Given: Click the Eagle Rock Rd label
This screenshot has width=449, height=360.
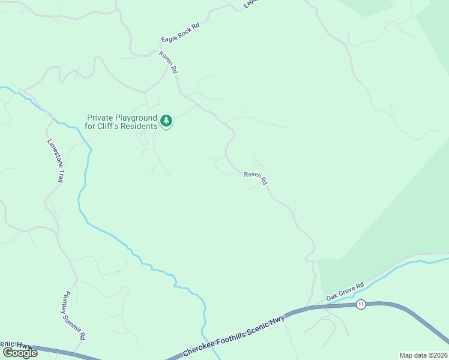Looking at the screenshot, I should [x=180, y=32].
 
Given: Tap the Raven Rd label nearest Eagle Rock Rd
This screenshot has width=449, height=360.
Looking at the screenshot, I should [x=168, y=62].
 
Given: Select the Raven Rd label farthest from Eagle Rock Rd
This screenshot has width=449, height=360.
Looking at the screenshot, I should [x=255, y=178].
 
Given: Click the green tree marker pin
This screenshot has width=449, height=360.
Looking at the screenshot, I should [x=166, y=121].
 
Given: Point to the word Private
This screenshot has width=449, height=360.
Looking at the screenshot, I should [x=100, y=118].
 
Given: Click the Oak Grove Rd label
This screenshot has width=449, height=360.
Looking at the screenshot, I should [x=345, y=292].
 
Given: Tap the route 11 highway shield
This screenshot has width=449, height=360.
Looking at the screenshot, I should [x=360, y=305].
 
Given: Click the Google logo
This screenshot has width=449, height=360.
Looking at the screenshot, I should [x=20, y=353].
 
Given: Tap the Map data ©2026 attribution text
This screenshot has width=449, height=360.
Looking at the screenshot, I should [x=423, y=355].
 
